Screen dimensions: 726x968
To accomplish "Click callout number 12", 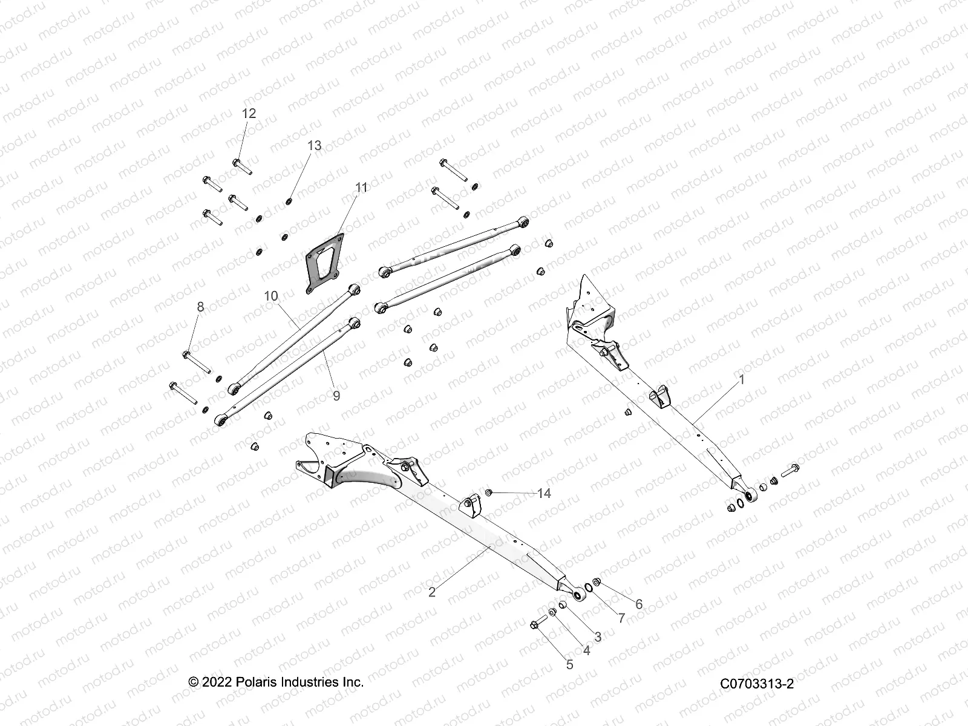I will pos(249,113).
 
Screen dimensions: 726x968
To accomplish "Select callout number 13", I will pos(315,146).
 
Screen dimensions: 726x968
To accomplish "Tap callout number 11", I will pos(361,188).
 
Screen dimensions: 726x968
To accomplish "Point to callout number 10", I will pos(271,296).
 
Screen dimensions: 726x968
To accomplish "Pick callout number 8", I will pos(200,307).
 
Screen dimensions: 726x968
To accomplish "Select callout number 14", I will pos(544,494).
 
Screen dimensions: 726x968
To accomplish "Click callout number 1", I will pos(742,380).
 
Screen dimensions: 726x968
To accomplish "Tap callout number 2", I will pos(431,592).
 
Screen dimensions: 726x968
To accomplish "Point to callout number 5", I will pos(569,664).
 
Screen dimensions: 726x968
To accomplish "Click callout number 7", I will pos(621,618).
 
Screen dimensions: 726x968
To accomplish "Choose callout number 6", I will pos(638,604).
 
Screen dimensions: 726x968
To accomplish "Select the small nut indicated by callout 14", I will pos(489,493).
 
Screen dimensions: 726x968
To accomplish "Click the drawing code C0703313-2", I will pos(757,684).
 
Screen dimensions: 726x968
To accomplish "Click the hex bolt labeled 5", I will pos(537,624).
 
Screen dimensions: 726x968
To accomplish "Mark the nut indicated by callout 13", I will pos(289,201).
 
